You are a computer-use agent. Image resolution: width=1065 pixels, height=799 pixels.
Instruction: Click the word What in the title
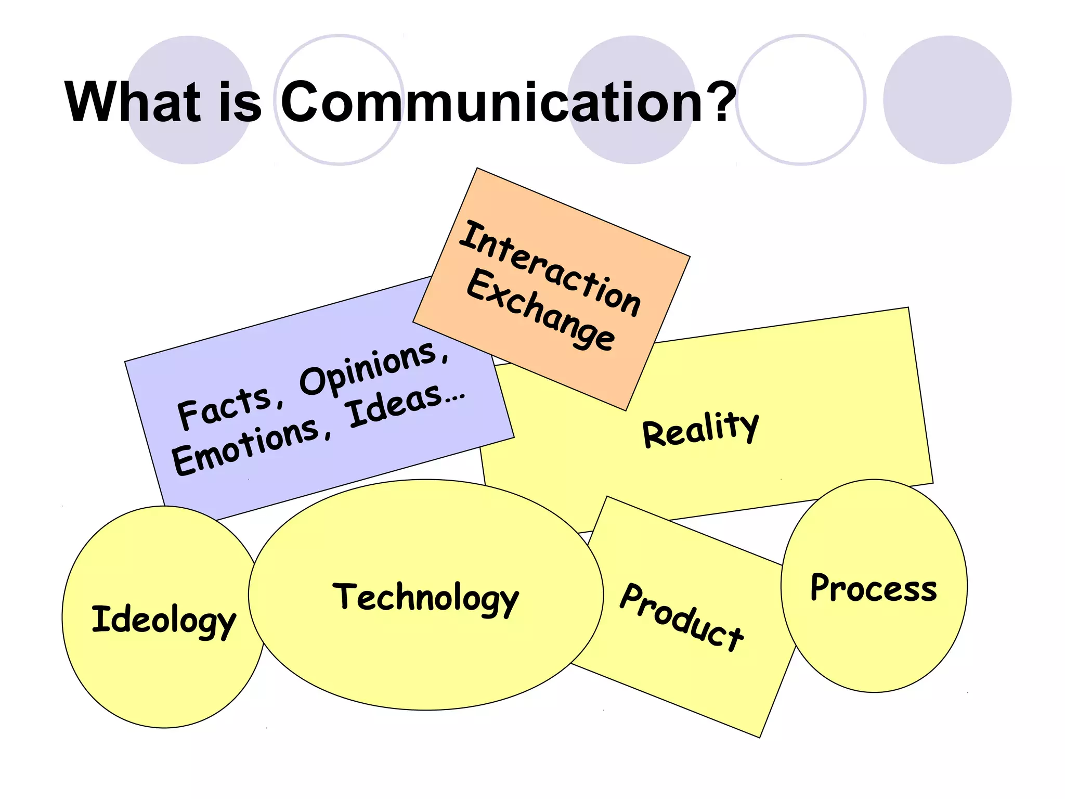click(x=133, y=102)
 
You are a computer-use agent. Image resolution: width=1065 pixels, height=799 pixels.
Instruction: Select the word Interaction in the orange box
click(x=550, y=268)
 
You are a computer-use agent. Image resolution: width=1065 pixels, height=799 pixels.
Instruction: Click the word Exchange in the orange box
click(x=541, y=311)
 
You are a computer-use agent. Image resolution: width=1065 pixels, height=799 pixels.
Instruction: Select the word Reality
click(x=701, y=429)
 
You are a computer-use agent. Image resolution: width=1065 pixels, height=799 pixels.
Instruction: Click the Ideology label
click(x=164, y=621)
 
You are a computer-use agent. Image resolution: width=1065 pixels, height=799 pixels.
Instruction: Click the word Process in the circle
click(x=874, y=589)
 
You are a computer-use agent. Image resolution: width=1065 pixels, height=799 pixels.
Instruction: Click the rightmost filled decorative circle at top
click(x=947, y=100)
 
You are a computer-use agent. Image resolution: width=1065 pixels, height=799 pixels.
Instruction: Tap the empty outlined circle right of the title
click(x=801, y=100)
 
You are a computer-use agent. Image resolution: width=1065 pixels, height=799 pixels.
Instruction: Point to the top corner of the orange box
click(x=477, y=169)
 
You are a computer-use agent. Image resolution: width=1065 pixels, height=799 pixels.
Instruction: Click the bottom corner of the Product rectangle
click(x=759, y=737)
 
